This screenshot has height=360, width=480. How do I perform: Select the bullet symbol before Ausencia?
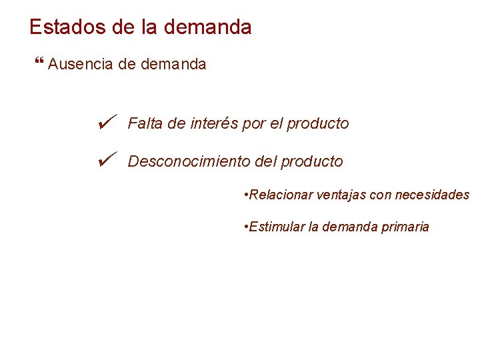click(37, 64)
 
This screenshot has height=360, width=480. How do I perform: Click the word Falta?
click(144, 123)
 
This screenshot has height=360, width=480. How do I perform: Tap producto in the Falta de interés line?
click(318, 124)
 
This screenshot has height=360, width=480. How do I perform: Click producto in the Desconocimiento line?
click(312, 162)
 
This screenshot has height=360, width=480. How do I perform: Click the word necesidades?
click(432, 195)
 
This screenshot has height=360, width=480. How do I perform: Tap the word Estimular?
click(277, 227)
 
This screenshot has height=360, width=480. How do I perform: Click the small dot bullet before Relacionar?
click(247, 195)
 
